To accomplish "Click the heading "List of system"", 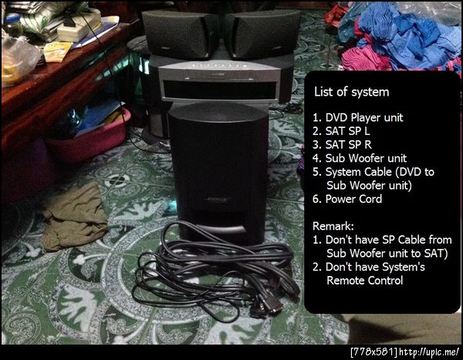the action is tap(351, 92).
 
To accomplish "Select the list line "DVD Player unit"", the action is tap(358, 117).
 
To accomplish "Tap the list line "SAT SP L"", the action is tap(341, 131).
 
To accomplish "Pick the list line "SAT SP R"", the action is tap(342, 145).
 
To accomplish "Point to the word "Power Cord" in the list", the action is tap(353, 199).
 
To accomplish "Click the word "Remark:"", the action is tap(333, 226).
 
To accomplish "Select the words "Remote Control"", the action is tap(365, 281).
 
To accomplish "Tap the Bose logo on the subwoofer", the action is tap(218, 200).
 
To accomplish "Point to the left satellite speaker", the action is tap(180, 34).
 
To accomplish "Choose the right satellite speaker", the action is tap(262, 33).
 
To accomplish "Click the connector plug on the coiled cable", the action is tap(270, 304).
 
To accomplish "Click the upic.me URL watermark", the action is tap(429, 352).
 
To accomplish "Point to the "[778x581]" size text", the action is tap(374, 352).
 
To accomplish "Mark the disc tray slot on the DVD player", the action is tap(220, 89).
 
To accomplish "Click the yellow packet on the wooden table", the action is tap(57, 52).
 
